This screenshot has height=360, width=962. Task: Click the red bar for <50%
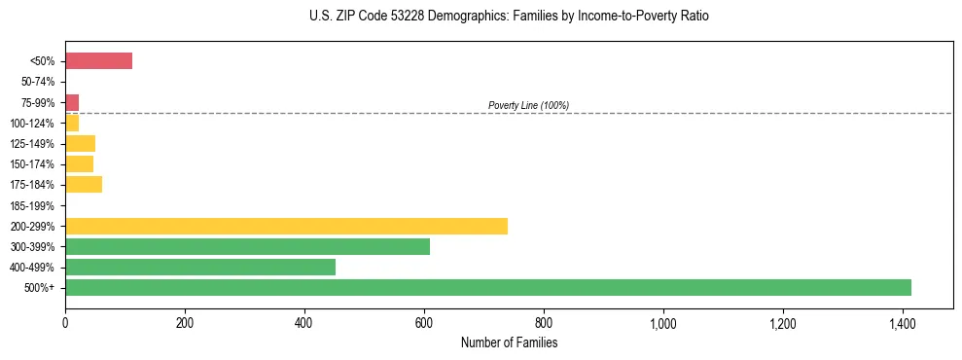[98, 61]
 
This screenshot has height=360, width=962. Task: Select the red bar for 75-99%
[72, 102]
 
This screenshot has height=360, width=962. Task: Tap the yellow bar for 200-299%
[286, 226]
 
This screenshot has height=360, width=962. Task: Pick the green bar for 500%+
[487, 287]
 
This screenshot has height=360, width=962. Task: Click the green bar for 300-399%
[247, 246]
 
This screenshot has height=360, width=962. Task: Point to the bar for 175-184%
[84, 185]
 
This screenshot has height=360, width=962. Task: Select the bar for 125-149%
[80, 144]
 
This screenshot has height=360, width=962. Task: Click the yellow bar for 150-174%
[79, 164]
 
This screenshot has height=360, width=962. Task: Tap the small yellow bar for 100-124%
[72, 124]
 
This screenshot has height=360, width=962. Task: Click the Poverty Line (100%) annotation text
[528, 105]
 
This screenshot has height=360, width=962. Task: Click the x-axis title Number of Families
[509, 343]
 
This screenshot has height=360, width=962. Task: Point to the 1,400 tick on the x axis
[902, 323]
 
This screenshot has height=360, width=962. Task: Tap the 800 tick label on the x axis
[543, 323]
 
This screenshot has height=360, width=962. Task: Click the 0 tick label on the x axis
[65, 323]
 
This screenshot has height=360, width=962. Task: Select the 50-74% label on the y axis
[38, 82]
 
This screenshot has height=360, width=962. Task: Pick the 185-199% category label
[34, 205]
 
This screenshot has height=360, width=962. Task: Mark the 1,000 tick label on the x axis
[662, 323]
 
